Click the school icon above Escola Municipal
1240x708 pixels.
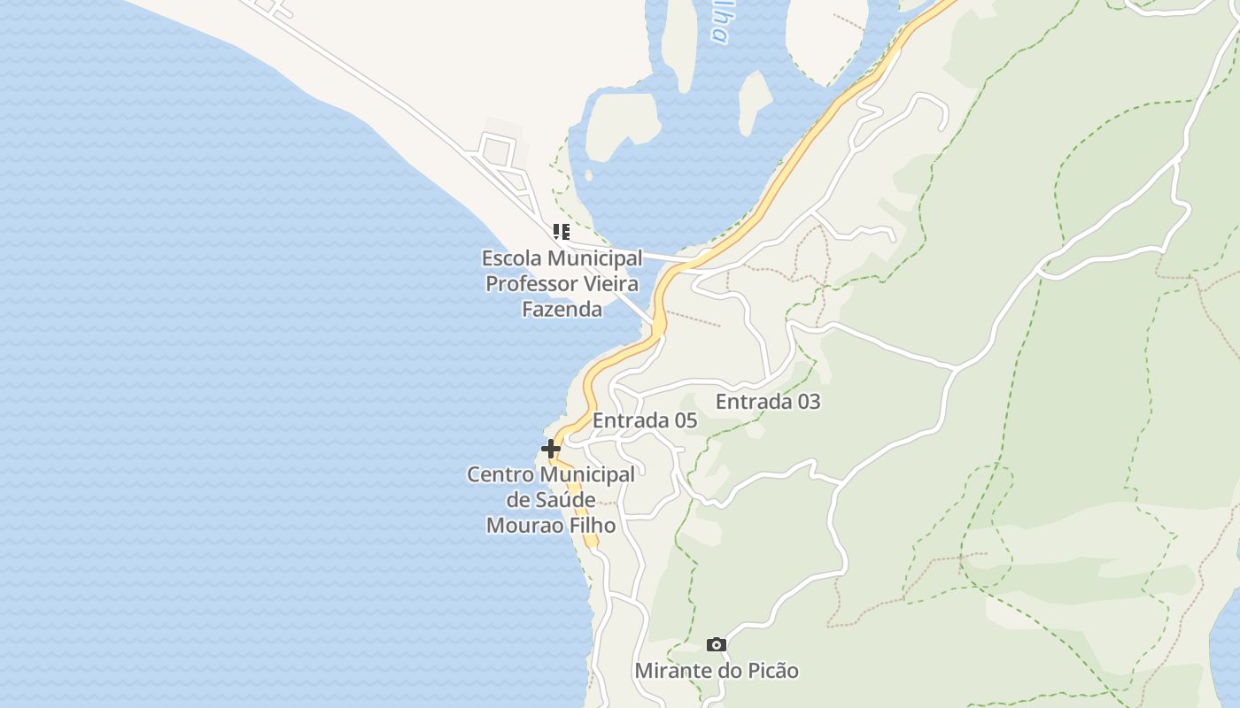coord(561,232)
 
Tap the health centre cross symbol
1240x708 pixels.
coord(551,449)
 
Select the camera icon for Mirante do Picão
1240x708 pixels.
coord(717,644)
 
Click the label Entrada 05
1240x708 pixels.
coord(645,420)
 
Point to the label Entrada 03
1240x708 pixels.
coord(768,401)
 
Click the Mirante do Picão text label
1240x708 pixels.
coord(717,671)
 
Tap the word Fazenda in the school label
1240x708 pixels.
coord(562,309)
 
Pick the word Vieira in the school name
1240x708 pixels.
coord(610,284)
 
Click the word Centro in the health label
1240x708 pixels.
coord(500,474)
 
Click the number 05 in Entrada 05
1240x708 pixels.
coord(685,420)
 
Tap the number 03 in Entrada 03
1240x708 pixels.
coord(808,401)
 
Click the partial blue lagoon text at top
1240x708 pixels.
coord(718,22)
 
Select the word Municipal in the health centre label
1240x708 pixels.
coord(586,474)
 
